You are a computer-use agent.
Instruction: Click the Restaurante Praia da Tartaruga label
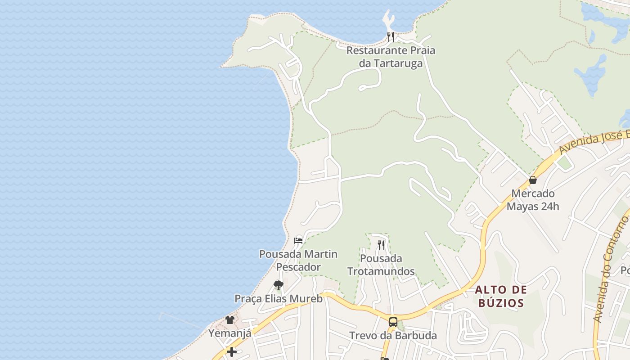(391, 57)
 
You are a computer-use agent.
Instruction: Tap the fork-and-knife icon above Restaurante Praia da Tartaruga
(391, 36)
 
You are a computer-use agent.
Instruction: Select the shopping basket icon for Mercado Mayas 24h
(533, 180)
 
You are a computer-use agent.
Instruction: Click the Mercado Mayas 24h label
(533, 200)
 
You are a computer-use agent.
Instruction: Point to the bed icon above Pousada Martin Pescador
(298, 240)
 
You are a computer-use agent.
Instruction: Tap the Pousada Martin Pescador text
(298, 261)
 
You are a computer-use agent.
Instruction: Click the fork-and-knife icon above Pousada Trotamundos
(381, 245)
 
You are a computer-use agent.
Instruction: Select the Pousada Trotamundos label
(381, 265)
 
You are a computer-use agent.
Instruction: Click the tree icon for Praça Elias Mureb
(278, 285)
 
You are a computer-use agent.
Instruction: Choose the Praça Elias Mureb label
(279, 299)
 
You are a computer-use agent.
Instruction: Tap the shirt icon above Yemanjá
(230, 320)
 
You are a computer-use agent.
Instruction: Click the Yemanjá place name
(229, 333)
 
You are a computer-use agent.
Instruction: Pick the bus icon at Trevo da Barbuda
(393, 322)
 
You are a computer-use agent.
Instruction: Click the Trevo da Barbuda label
(393, 336)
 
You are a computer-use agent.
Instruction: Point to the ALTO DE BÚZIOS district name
(501, 296)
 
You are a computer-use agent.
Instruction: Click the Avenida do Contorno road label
(610, 270)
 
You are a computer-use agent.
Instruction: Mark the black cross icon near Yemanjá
(232, 351)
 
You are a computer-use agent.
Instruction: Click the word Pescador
(298, 267)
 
